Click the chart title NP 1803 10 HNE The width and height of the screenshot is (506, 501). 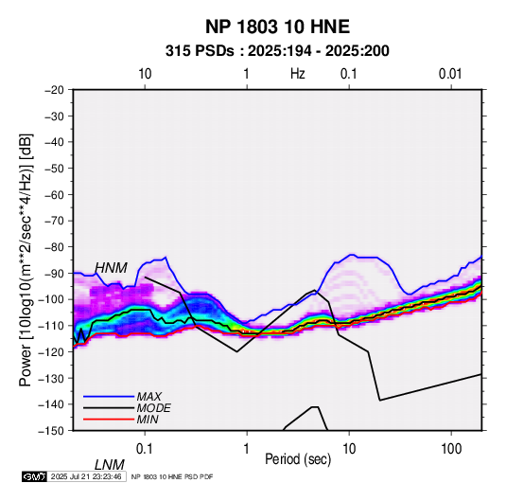(277, 27)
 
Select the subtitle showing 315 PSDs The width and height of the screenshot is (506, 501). (277, 51)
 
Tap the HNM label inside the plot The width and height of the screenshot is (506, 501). (111, 268)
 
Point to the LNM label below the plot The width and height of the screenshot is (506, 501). (110, 465)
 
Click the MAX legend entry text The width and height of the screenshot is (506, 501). (148, 397)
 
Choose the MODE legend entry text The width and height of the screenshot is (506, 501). (153, 408)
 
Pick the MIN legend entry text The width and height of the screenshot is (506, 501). (148, 420)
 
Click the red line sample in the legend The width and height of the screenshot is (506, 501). (109, 420)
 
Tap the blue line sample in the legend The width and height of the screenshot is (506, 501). (109, 397)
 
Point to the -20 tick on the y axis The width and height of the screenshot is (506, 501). (54, 90)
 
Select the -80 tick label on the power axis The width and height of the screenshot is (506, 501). (54, 247)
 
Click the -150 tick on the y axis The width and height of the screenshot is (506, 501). (51, 431)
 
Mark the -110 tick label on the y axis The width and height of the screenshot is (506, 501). (51, 326)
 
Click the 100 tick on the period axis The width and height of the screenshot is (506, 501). (451, 449)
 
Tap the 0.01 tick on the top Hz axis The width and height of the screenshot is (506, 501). (450, 74)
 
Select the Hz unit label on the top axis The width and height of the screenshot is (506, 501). (298, 74)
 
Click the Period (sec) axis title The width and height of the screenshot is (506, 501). (298, 459)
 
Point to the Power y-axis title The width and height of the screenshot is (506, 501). (26, 260)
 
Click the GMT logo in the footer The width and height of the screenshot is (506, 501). (35, 476)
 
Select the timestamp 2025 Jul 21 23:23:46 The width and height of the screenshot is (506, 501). (86, 476)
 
